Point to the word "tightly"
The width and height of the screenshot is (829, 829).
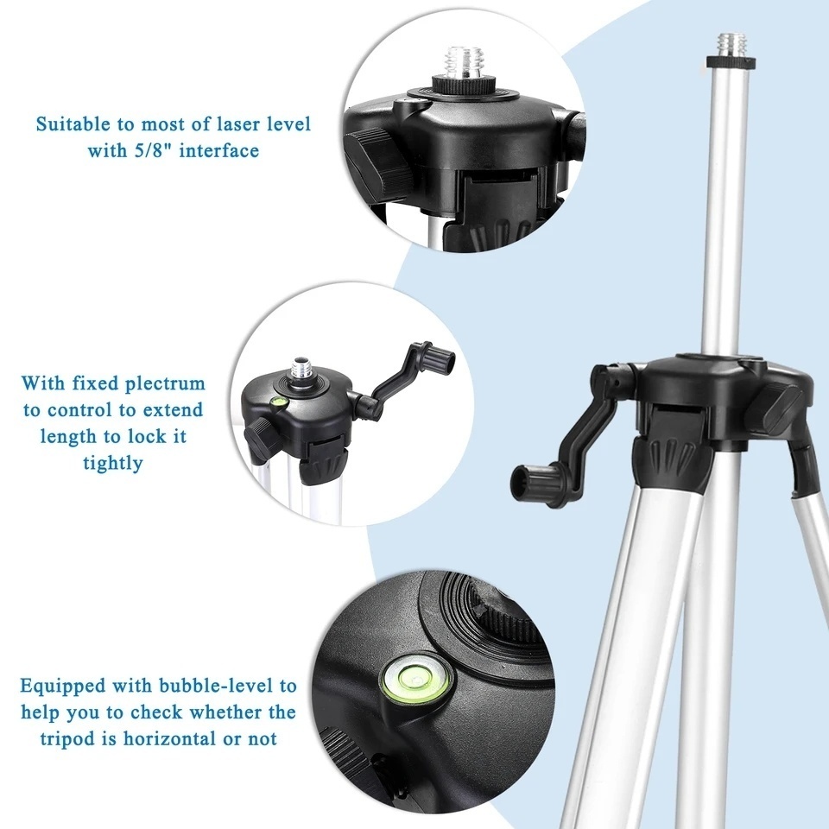click(x=112, y=463)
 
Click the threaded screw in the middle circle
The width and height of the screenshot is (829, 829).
click(x=302, y=370)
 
